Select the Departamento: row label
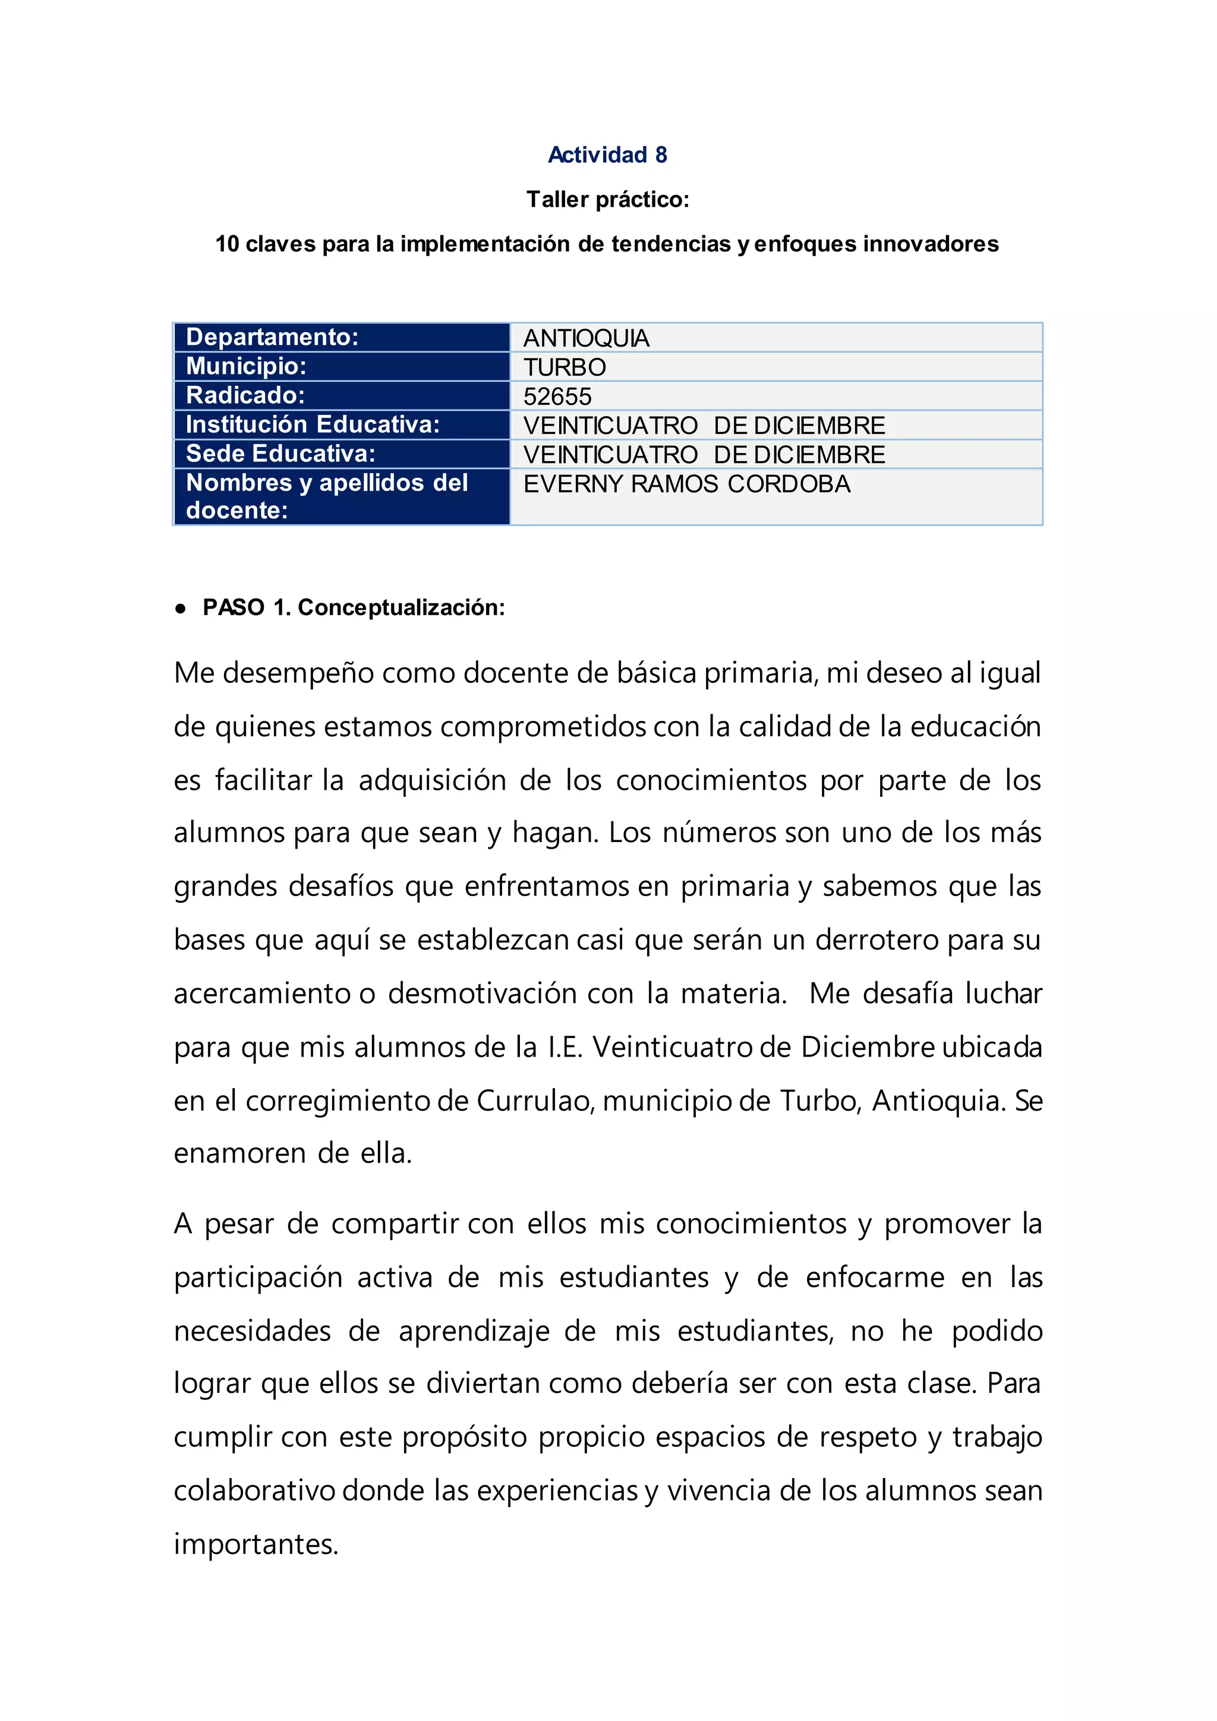click(272, 338)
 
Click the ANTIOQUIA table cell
click(586, 338)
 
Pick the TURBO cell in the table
click(565, 367)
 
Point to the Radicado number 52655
click(557, 396)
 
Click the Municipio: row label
click(246, 367)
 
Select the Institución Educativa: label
click(313, 425)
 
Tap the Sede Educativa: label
click(280, 454)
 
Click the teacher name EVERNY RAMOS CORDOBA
click(686, 484)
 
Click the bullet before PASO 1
click(180, 609)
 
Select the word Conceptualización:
click(401, 608)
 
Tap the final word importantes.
click(256, 1545)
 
